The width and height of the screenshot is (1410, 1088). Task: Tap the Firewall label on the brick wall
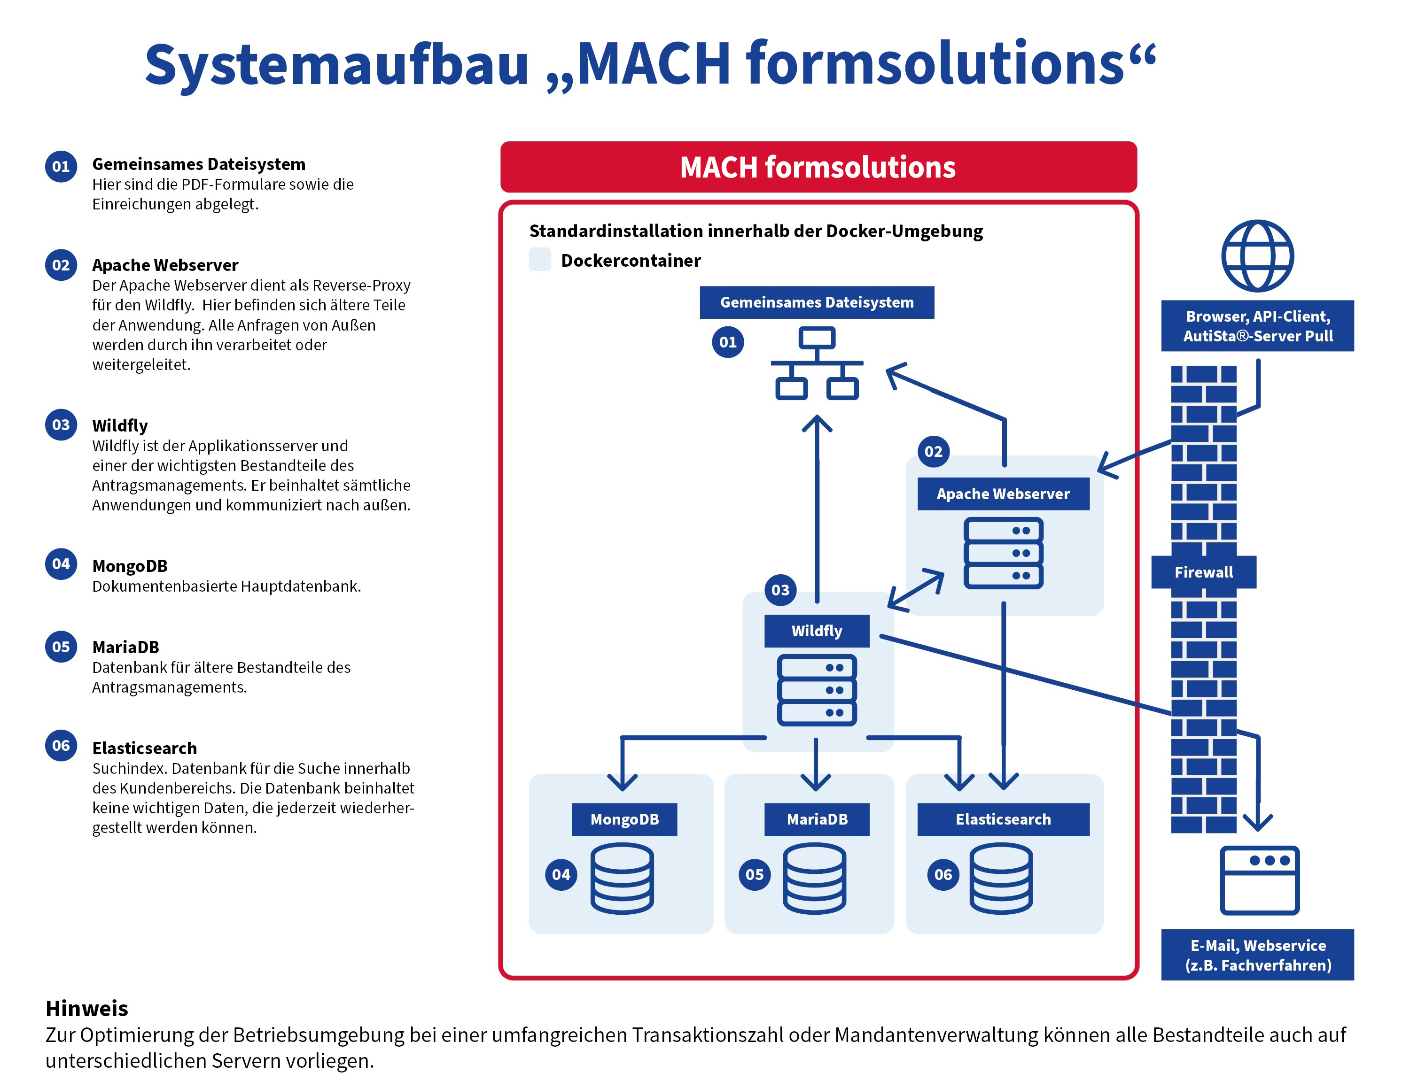coord(1203,572)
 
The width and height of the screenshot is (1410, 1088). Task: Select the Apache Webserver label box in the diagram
coord(1003,494)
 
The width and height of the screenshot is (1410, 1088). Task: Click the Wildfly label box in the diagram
coord(817,631)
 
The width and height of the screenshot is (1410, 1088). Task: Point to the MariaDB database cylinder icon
coord(815,878)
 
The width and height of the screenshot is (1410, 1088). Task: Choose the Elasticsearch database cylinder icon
coord(1001,878)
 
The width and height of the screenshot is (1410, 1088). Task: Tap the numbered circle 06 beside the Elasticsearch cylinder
coord(943,874)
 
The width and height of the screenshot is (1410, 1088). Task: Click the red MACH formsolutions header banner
coord(818,167)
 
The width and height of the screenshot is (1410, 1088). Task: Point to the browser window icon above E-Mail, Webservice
coord(1260,880)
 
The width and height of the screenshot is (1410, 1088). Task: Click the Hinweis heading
coord(86,1008)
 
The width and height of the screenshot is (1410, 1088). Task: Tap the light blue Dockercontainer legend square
coord(540,259)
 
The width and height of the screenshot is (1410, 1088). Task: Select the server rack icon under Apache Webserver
coord(1003,553)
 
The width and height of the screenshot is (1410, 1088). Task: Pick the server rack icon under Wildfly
coord(817,690)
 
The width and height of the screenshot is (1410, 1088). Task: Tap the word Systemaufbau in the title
coord(336,64)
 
